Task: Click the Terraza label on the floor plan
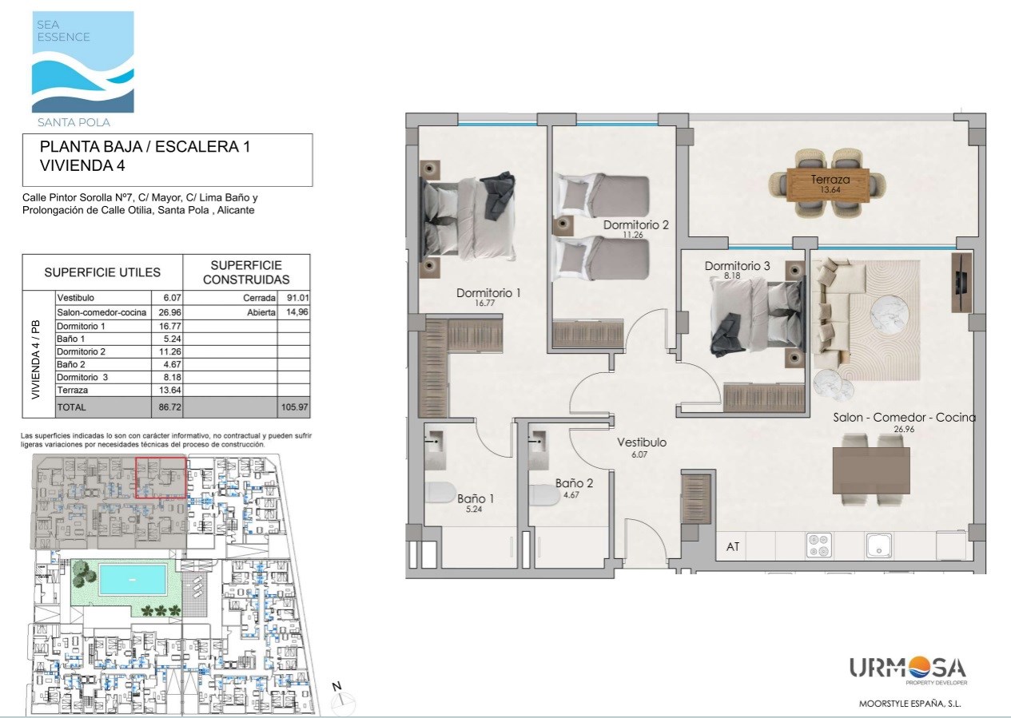pyautogui.click(x=830, y=179)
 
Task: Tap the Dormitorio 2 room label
pyautogui.click(x=635, y=224)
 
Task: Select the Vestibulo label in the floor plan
pyautogui.click(x=642, y=442)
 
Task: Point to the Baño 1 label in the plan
pyautogui.click(x=476, y=498)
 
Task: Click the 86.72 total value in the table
pyautogui.click(x=169, y=407)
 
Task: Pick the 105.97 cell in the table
pyautogui.click(x=295, y=407)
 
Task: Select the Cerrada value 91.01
pyautogui.click(x=298, y=298)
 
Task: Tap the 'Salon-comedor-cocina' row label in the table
pyautogui.click(x=101, y=312)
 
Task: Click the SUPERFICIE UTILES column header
pyautogui.click(x=102, y=272)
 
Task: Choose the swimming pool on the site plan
pyautogui.click(x=132, y=579)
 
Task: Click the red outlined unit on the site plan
pyautogui.click(x=161, y=478)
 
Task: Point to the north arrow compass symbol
pyautogui.click(x=342, y=700)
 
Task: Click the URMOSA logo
pyautogui.click(x=908, y=671)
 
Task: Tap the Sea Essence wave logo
pyautogui.click(x=83, y=61)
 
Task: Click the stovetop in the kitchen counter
pyautogui.click(x=818, y=545)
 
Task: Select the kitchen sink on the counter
pyautogui.click(x=879, y=545)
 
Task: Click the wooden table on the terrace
pyautogui.click(x=828, y=184)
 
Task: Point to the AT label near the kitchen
pyautogui.click(x=733, y=546)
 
